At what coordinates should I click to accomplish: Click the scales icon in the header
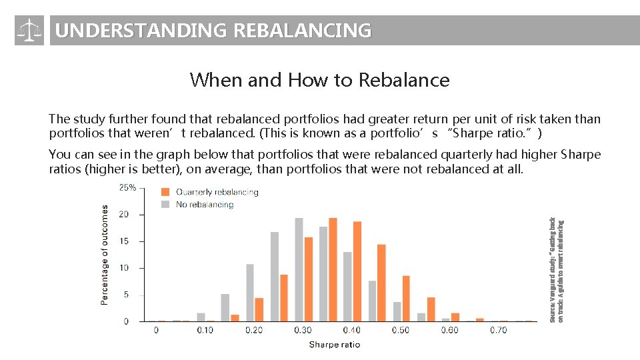tap(29, 31)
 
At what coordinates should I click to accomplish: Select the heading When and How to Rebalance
tap(319, 80)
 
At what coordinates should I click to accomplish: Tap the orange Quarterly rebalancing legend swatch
tap(166, 193)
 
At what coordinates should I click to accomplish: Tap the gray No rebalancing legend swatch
tap(166, 205)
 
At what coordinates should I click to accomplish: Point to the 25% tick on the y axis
tap(127, 188)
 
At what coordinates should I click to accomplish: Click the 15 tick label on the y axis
tap(124, 241)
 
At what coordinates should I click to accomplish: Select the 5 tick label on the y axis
tap(125, 295)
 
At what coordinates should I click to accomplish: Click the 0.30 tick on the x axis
tap(303, 330)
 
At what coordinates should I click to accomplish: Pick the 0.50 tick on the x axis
tap(401, 330)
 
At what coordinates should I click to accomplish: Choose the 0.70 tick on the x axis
tap(498, 330)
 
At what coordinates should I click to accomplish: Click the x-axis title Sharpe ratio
tap(334, 345)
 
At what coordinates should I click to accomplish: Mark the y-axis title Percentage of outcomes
tap(105, 254)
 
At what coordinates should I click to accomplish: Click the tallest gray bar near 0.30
tap(299, 269)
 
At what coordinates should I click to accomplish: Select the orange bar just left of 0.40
tap(333, 269)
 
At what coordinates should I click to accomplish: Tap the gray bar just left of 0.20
tap(250, 293)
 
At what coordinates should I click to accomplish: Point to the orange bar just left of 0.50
tap(381, 283)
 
